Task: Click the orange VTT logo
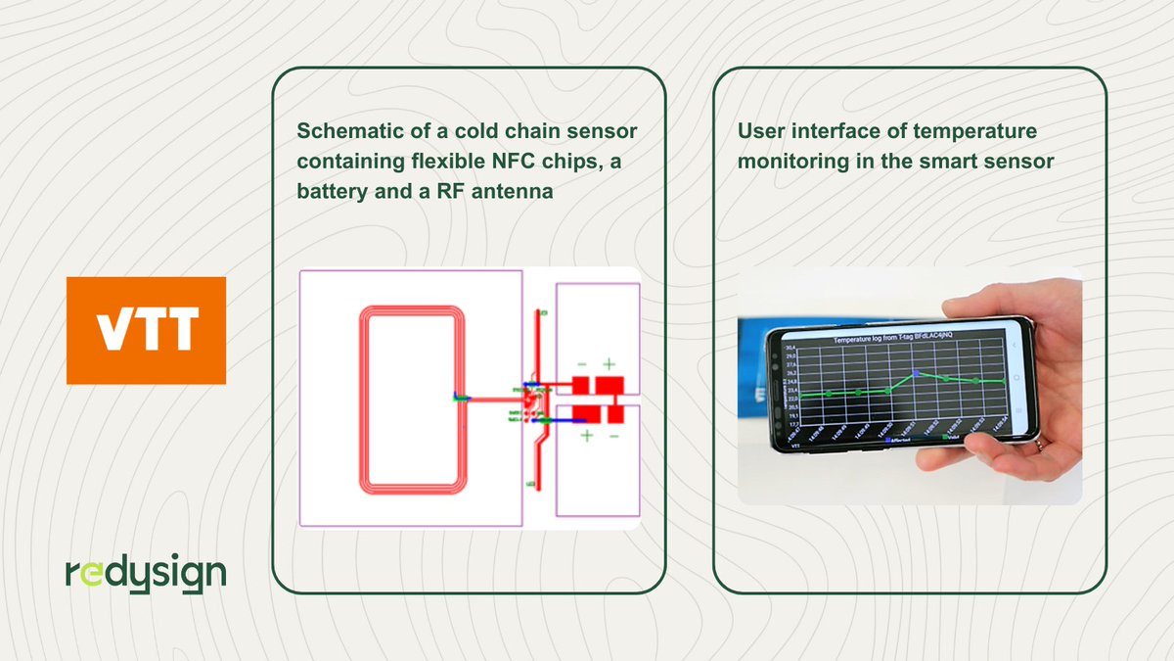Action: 146,330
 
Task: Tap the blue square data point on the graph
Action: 916,373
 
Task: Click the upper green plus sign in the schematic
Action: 608,362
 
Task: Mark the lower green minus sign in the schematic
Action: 614,436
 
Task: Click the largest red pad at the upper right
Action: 610,384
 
